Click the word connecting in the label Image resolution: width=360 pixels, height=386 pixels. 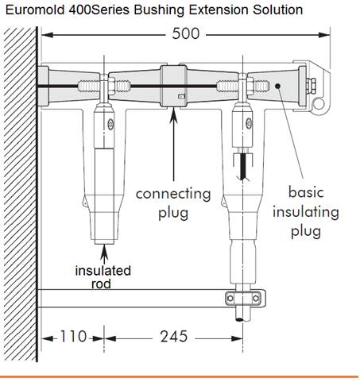click(x=173, y=193)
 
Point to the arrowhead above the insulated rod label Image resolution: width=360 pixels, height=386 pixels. click(x=105, y=251)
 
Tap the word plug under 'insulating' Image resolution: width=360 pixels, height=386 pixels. click(x=306, y=231)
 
